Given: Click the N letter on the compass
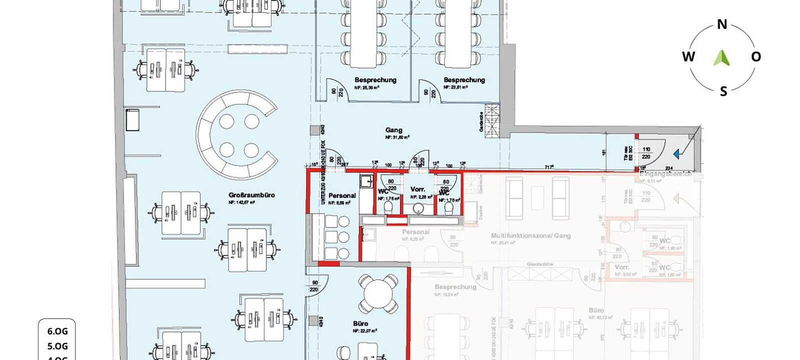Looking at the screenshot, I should point(722,24).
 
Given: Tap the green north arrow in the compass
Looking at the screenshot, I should point(721,57).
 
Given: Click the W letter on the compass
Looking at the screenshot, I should point(688,56).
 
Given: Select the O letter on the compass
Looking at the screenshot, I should point(756,57).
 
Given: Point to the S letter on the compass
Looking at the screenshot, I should point(723,91).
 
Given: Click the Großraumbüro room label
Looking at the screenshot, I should point(251,195).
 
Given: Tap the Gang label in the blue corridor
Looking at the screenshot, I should point(394,130).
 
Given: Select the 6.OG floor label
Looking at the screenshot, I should point(57,331).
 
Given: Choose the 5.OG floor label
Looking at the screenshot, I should point(57,346).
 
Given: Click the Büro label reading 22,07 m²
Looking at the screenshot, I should point(360,323).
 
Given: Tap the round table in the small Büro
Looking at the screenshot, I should point(378,294).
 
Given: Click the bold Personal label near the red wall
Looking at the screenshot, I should point(342,195).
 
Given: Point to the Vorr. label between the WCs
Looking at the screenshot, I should point(417,189).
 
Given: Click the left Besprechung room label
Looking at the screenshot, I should point(375,80).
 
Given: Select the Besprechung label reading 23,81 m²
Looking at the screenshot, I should point(464,80).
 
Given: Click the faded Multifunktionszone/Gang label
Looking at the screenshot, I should point(530,235).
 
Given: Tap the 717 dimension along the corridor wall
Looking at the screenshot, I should point(549,167).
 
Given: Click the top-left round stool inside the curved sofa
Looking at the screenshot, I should point(226,121).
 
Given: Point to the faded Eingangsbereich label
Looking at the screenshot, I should point(665,174).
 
